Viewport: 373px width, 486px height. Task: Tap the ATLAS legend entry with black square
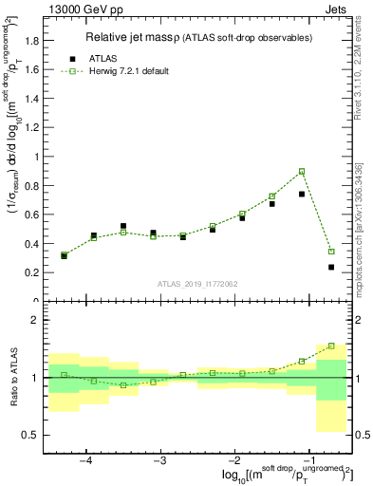(91, 57)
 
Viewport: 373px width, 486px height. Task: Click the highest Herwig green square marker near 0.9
(302, 171)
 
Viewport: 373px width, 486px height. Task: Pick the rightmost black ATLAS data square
(331, 267)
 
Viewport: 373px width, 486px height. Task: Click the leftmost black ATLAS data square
(64, 255)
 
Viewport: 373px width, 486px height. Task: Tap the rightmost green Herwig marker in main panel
(331, 252)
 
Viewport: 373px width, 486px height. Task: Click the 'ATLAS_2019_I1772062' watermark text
(196, 284)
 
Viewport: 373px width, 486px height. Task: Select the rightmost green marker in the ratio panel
(331, 346)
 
